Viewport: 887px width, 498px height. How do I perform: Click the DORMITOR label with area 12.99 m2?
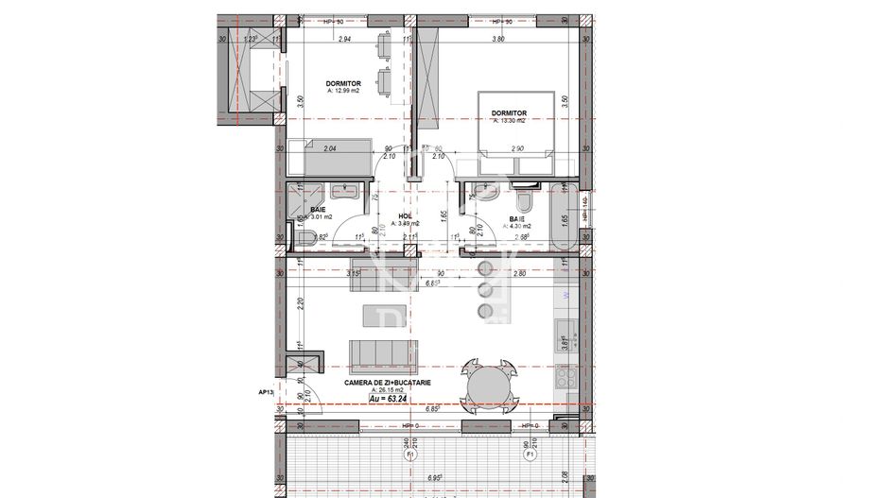pos(344,83)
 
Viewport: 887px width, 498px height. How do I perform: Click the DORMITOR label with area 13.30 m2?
pos(510,112)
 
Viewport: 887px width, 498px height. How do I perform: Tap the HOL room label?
pos(406,216)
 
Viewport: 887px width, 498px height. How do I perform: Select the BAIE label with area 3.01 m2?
pos(319,211)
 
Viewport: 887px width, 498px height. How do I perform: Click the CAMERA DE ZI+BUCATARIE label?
pos(388,382)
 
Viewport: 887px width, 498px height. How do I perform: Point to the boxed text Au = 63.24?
pos(393,400)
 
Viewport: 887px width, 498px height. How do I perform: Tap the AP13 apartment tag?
pos(266,389)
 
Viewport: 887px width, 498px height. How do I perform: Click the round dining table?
pos(488,386)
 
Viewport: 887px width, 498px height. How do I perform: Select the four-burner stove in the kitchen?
pos(565,379)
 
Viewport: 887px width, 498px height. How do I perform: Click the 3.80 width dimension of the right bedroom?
pos(497,40)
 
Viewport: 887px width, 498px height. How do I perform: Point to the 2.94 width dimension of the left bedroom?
pos(344,40)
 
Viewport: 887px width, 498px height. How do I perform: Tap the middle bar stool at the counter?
pos(488,288)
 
